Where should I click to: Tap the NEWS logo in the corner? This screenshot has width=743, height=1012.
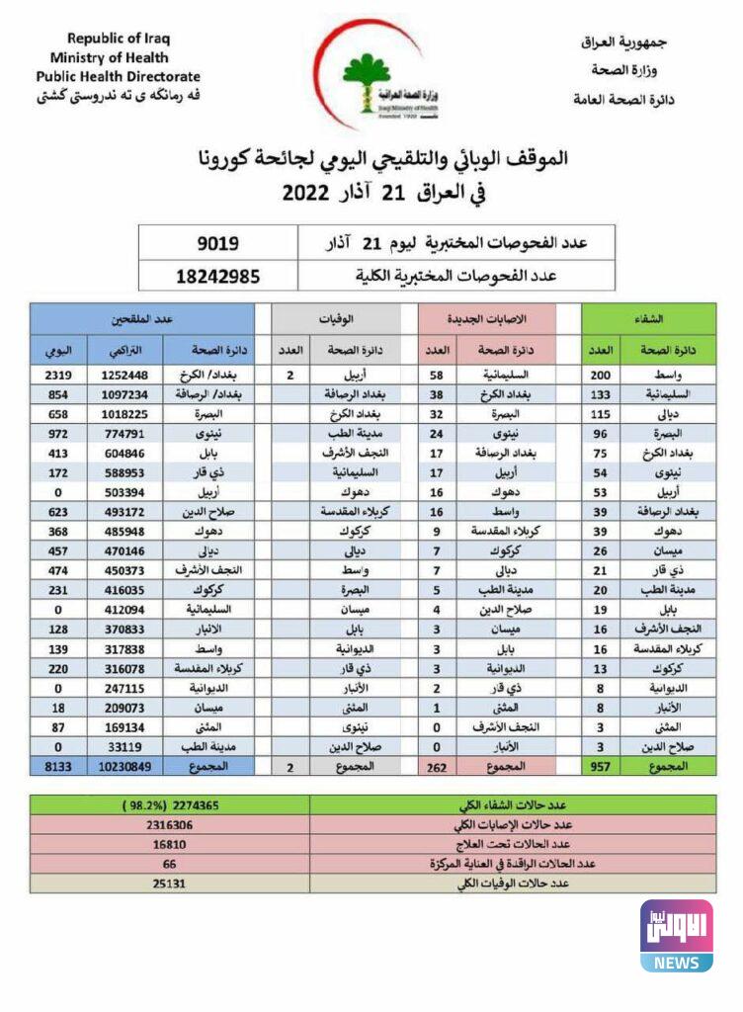(x=676, y=935)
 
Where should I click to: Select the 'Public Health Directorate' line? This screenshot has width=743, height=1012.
(x=119, y=76)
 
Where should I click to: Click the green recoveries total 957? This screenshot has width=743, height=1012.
(x=603, y=766)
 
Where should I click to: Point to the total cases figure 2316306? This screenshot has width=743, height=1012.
(x=168, y=823)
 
